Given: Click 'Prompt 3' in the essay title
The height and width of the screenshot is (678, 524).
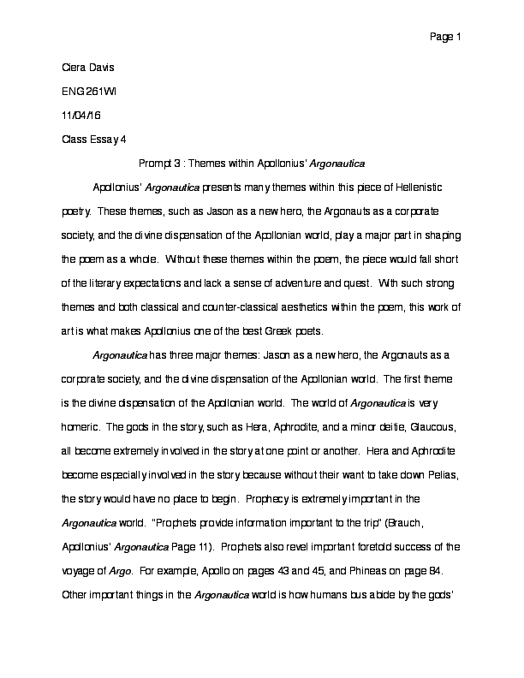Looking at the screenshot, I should [161, 162].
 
